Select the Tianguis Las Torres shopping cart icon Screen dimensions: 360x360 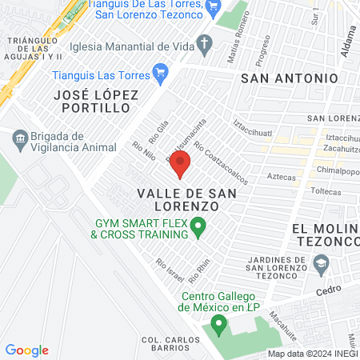coord(159,73)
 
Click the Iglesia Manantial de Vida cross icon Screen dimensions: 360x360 coord(204,44)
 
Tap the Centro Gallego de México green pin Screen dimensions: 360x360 coord(217,325)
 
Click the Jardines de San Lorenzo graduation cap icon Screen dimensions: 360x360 coord(321,262)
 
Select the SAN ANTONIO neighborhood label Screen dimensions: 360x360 coord(289,78)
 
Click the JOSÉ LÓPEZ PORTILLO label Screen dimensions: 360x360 coord(96,101)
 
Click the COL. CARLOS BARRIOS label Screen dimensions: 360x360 coord(170,345)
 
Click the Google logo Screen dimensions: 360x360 coord(27,350)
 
